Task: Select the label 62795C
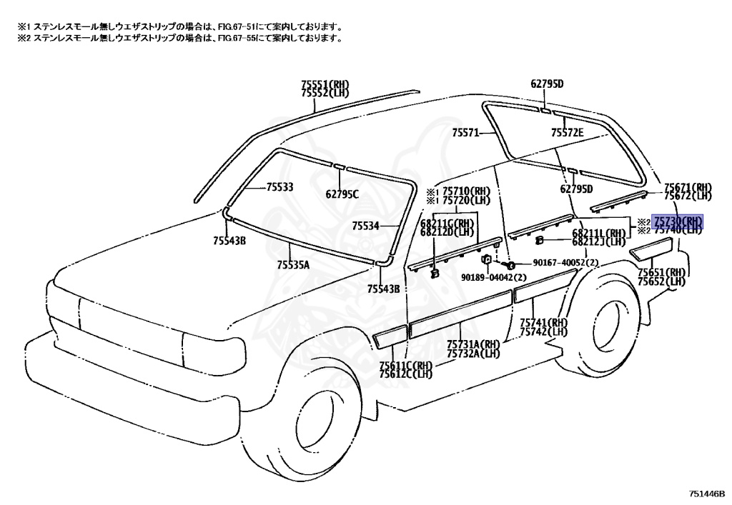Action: [342, 194]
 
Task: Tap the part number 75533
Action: [280, 187]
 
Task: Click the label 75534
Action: [365, 226]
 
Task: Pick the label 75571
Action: [465, 133]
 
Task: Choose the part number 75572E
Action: [567, 133]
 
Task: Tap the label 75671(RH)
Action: [688, 186]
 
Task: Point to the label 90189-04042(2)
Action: [493, 276]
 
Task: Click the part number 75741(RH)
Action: [543, 323]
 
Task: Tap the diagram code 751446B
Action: [707, 493]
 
